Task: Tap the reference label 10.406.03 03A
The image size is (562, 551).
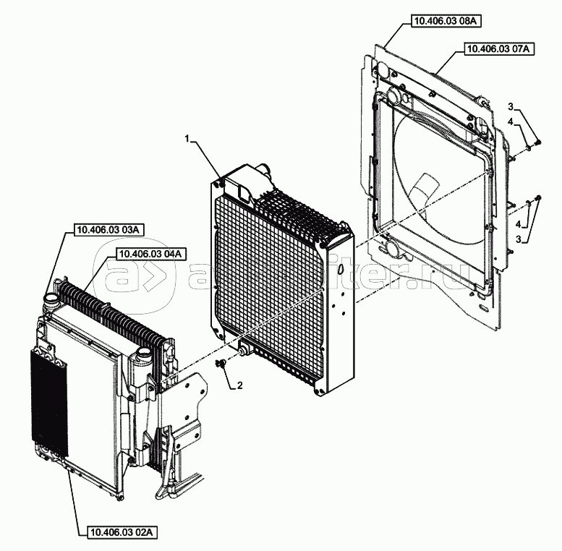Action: pyautogui.click(x=109, y=230)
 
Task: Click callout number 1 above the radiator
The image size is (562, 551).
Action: pyautogui.click(x=187, y=137)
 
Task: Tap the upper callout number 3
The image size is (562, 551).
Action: pyautogui.click(x=510, y=108)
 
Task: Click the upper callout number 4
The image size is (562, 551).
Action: pyautogui.click(x=510, y=123)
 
